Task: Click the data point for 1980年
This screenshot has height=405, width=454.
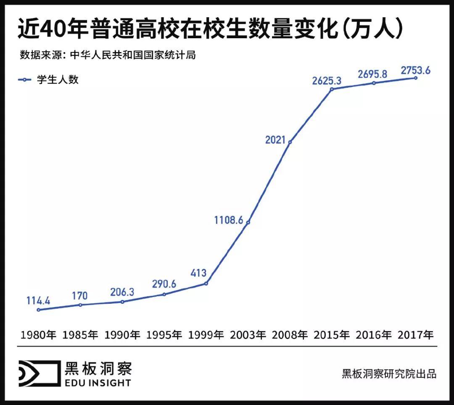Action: (x=39, y=310)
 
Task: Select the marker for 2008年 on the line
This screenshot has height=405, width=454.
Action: (x=290, y=142)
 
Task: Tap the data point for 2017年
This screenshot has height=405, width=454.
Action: (x=416, y=78)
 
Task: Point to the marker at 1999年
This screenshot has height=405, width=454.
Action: (x=206, y=284)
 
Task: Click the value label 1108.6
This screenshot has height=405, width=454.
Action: (x=229, y=219)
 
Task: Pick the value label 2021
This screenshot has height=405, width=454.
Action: (x=275, y=140)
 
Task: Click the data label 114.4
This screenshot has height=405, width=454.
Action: (x=38, y=300)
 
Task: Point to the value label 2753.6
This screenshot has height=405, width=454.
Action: (x=416, y=70)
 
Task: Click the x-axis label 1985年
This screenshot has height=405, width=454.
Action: (x=80, y=335)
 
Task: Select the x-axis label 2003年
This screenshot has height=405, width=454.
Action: (x=248, y=335)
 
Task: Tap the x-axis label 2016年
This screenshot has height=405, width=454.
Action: (x=374, y=335)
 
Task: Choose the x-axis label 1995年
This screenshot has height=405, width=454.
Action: (x=164, y=335)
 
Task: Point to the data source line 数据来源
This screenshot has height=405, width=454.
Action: (x=108, y=55)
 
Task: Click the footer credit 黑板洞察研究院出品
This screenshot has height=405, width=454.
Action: (x=389, y=373)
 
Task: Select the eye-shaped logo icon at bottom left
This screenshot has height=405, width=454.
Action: (x=39, y=373)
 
